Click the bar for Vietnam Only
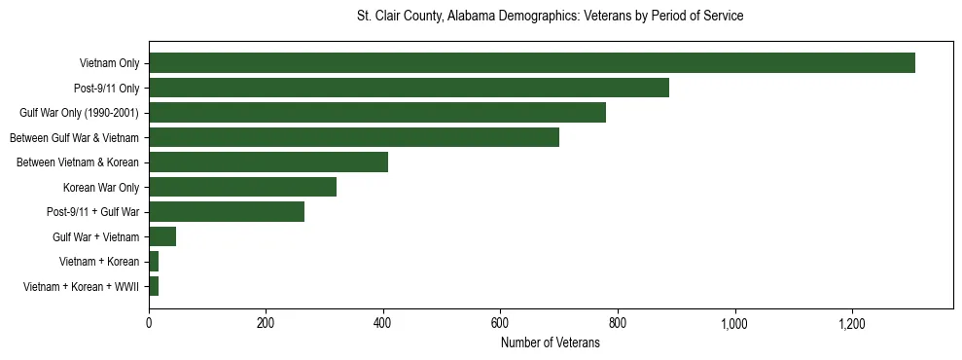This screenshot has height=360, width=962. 531,63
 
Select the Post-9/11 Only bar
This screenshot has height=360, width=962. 409,88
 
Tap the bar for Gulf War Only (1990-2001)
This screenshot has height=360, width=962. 377,113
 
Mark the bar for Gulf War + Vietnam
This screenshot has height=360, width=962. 162,236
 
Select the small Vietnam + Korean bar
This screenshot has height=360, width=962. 154,262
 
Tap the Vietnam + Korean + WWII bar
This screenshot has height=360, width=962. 154,286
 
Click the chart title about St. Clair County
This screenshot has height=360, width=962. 550,17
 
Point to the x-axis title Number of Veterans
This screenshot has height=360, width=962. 550,343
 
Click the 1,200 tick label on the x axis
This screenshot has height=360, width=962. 852,322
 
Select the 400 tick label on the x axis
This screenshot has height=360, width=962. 383,322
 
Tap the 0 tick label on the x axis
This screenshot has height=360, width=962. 149,322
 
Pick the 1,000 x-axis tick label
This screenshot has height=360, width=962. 734,322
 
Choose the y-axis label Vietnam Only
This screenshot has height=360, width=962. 109,63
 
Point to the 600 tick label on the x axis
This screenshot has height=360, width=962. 500,322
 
